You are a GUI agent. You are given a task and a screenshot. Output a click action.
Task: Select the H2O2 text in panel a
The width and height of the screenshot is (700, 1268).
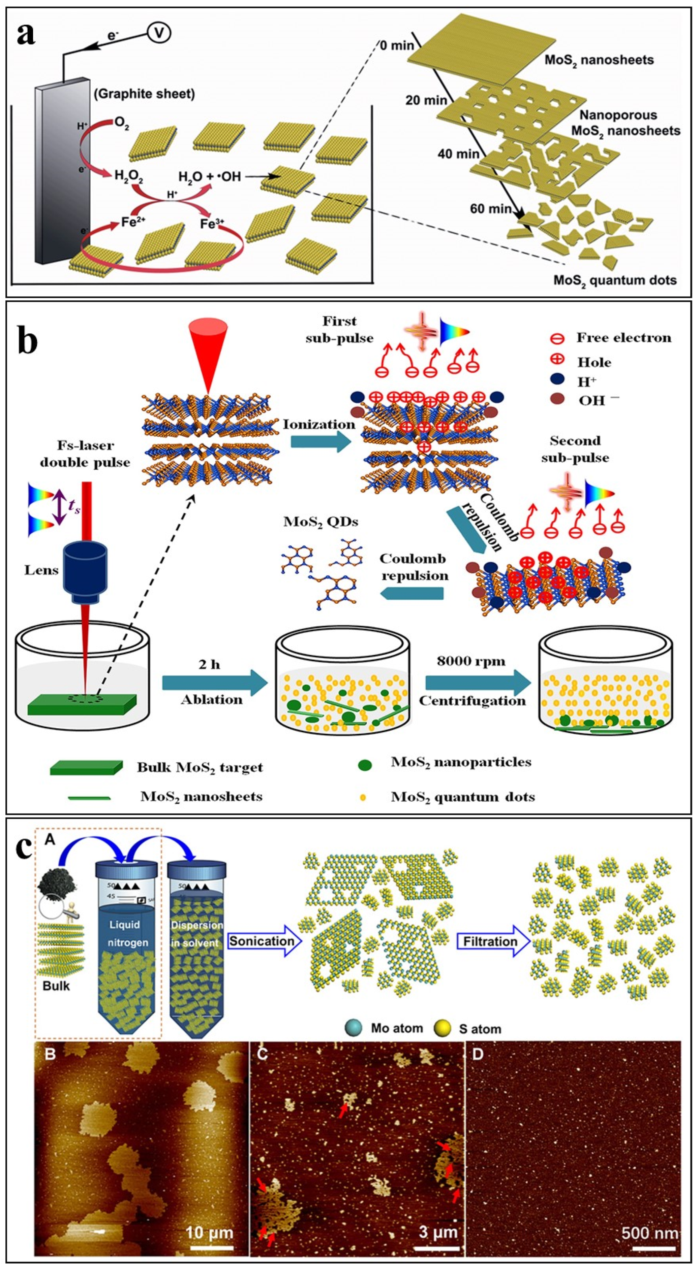[128, 176]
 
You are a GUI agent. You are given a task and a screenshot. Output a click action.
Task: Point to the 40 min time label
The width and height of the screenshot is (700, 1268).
[458, 154]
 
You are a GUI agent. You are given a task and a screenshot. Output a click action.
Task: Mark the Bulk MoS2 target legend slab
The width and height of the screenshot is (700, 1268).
[86, 767]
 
